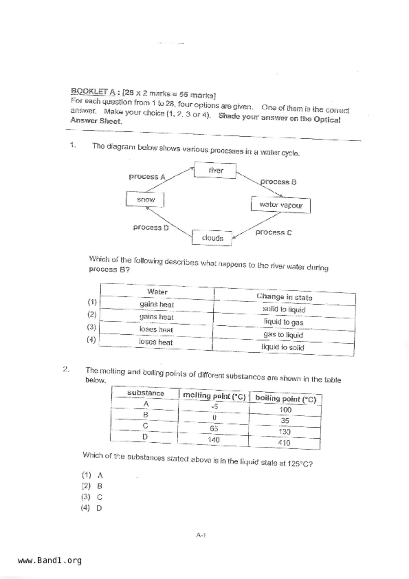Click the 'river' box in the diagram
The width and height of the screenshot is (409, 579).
[215, 170]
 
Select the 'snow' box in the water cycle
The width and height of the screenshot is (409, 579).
[145, 199]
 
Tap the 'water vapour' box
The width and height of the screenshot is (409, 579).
[281, 205]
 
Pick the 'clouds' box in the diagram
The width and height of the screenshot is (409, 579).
[212, 238]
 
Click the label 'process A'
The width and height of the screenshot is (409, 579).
[147, 177]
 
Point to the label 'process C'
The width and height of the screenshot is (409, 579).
[273, 232]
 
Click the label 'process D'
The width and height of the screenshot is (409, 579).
[151, 227]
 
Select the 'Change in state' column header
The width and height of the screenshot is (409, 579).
[284, 297]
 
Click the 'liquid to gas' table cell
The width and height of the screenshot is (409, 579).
[284, 322]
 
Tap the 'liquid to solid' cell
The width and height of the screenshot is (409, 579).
[283, 347]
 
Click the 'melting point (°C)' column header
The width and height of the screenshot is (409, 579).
[214, 396]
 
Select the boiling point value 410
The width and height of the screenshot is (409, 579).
[284, 443]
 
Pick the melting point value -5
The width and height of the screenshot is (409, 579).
[215, 407]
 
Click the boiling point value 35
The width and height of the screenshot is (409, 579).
[285, 421]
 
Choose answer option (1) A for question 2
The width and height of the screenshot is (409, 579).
[92, 475]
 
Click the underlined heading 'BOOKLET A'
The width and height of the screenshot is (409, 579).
[93, 91]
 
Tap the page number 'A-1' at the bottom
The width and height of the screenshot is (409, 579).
[201, 535]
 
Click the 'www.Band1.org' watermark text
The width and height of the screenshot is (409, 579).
[50, 561]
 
